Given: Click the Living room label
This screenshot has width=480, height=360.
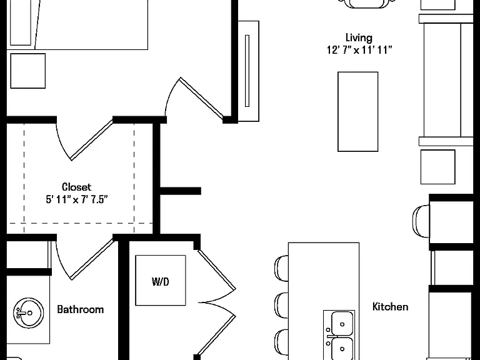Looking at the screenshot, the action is [359, 38].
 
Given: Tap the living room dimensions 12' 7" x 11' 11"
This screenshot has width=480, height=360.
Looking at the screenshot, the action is [359, 49].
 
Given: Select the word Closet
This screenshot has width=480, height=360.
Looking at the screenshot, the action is [76, 187].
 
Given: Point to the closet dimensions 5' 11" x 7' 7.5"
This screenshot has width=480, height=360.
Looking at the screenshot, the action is [77, 199].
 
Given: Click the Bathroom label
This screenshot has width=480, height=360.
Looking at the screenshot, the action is [81, 309].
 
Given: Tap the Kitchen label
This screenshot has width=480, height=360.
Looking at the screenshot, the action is [390, 306].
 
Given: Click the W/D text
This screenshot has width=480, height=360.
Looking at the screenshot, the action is [161, 281].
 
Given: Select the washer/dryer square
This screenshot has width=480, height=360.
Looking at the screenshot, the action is [161, 281].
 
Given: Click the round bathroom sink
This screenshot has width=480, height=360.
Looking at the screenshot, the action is [29, 313].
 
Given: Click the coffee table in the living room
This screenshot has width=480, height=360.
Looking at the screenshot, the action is [358, 112].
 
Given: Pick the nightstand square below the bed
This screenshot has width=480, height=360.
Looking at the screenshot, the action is [28, 71].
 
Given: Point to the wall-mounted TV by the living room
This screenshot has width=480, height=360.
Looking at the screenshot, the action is [249, 71].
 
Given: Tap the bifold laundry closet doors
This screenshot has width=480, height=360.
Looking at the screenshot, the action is [217, 302].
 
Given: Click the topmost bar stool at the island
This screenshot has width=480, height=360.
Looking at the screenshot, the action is [282, 268].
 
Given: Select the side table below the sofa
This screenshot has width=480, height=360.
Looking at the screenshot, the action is [437, 167].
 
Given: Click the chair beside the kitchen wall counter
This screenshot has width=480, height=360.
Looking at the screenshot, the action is [421, 221].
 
